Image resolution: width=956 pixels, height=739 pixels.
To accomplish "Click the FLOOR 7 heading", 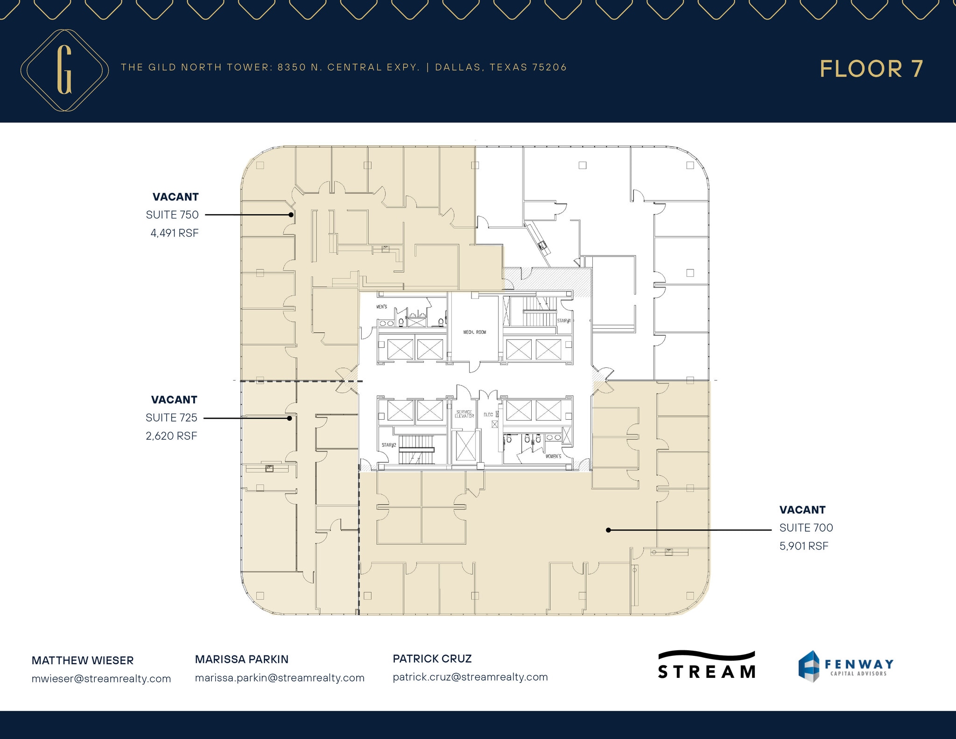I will coord(871,69).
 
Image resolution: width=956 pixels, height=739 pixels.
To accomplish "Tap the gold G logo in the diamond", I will coord(64,70).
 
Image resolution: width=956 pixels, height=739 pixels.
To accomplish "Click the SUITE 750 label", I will coord(172,215).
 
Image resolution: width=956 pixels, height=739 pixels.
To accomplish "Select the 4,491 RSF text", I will coord(174,233).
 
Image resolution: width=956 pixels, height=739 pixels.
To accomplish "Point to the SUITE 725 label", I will coord(171,418).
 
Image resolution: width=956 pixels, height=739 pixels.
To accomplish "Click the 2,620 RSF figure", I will coord(171,436).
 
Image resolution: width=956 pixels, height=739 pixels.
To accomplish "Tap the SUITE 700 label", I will coord(806,528).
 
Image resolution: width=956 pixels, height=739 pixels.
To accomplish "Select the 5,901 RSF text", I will coord(803,546).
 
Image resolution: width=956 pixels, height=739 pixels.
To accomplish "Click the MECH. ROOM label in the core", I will coord(474,332).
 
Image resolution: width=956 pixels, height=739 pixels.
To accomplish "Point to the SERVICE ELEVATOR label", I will coord(464,414).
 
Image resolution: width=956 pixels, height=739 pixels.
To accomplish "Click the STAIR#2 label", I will coord(388,445).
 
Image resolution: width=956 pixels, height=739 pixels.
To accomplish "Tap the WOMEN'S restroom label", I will coord(553,456).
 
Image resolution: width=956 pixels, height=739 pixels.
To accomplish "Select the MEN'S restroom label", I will coord(381,307).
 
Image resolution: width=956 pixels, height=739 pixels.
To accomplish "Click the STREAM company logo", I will coord(706,665).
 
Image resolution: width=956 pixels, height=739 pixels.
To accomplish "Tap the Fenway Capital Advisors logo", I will coord(845,666).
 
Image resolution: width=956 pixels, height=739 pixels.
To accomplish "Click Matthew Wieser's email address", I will coord(101,679).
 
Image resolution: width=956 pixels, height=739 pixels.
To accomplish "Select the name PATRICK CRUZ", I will coord(432,659).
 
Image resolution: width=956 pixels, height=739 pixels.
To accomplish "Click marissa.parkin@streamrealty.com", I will coord(280,678).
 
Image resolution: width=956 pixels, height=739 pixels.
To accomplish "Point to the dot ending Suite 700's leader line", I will coord(608,530).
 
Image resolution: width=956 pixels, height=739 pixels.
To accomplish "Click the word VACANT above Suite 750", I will coord(176,197).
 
